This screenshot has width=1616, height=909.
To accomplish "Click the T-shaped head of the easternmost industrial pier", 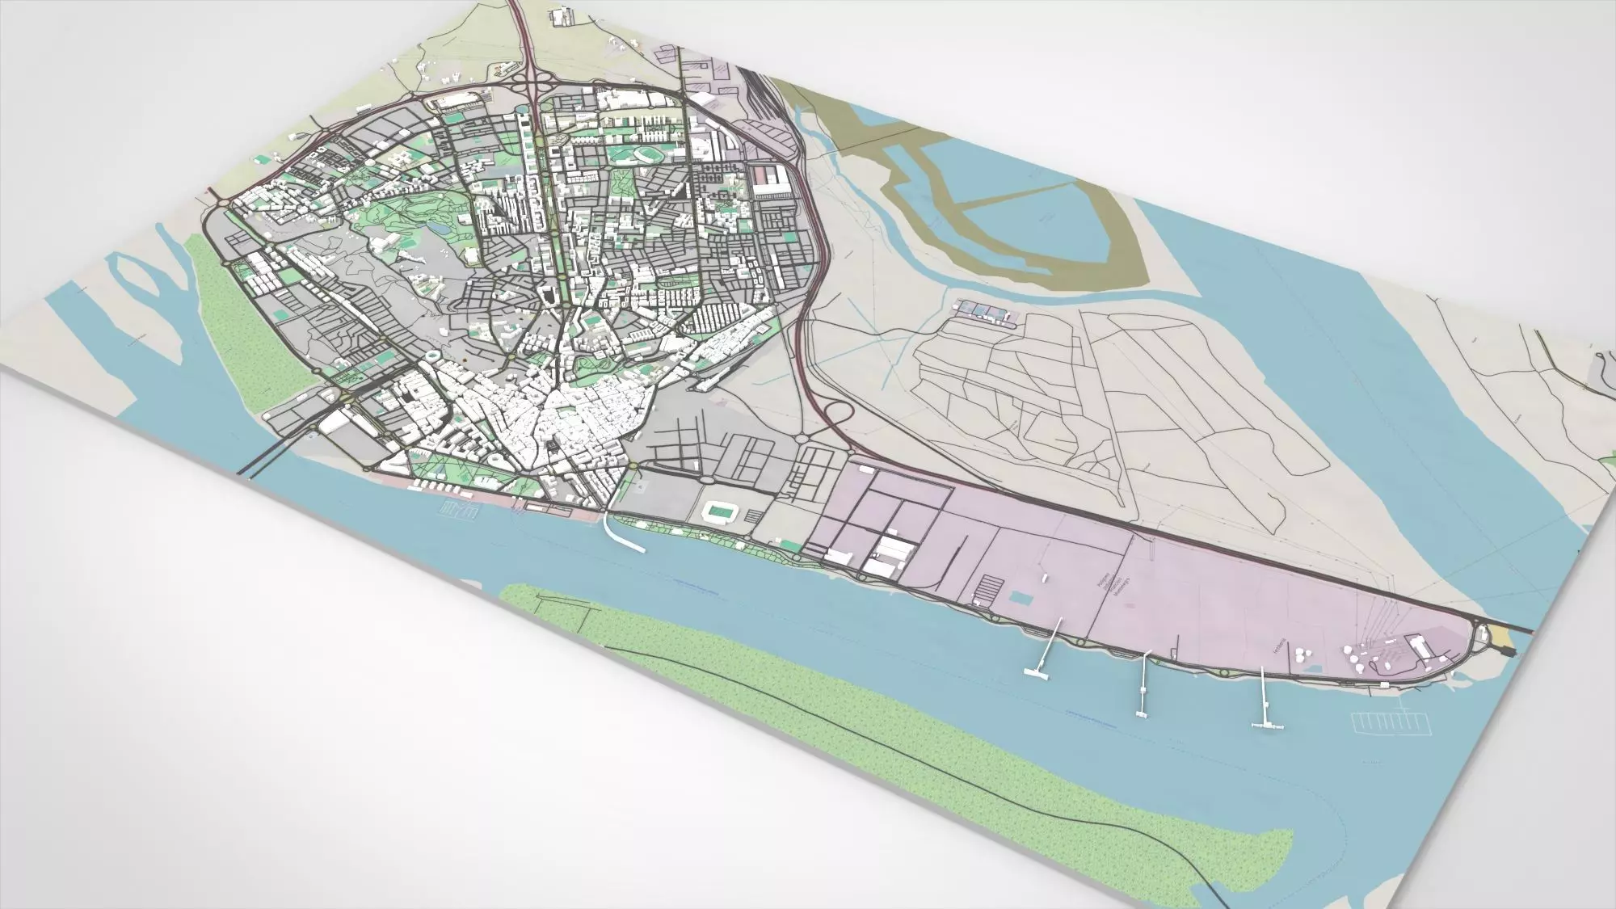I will click(x=1267, y=726).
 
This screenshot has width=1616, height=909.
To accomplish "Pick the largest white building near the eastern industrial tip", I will click(x=1419, y=645).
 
